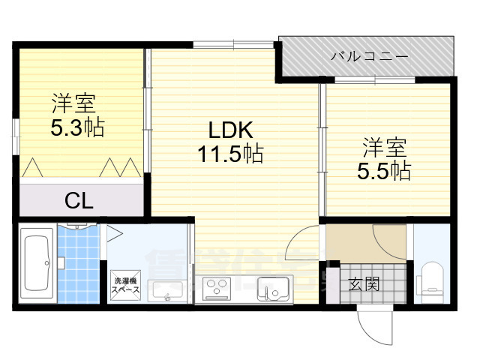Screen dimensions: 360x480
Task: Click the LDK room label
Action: click(x=230, y=130)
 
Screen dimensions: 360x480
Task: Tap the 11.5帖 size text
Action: click(x=230, y=154)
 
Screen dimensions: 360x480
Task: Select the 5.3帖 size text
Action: click(x=77, y=127)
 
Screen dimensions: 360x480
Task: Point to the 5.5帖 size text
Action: click(x=383, y=169)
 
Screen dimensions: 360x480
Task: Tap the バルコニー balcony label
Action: click(x=369, y=56)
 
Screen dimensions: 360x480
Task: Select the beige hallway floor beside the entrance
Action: click(x=352, y=242)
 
